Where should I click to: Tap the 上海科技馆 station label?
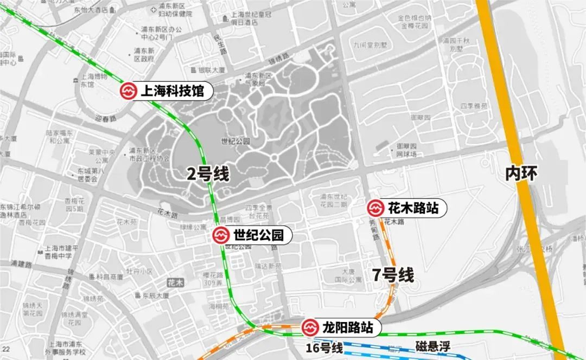pyautogui.click(x=172, y=92)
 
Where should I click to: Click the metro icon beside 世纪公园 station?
pyautogui.click(x=220, y=236)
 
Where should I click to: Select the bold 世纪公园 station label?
pyautogui.click(x=258, y=236)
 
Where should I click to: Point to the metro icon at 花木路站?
pyautogui.click(x=375, y=208)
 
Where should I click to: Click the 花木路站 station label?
pyautogui.click(x=412, y=208)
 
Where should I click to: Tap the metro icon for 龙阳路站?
pyautogui.click(x=310, y=327)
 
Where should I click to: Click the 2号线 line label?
pyautogui.click(x=208, y=175)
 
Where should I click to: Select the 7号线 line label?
pyautogui.click(x=393, y=275)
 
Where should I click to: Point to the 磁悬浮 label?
pyautogui.click(x=434, y=347)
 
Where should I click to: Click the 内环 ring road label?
pyautogui.click(x=521, y=173)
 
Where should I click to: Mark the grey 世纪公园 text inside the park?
pyautogui.click(x=235, y=141)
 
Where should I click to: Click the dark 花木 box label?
pyautogui.click(x=176, y=282)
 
